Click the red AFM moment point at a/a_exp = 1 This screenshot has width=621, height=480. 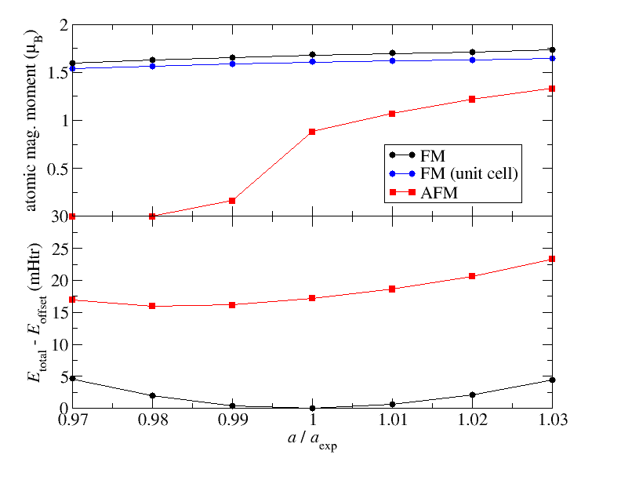tap(312, 132)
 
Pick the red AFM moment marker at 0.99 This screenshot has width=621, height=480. tap(232, 201)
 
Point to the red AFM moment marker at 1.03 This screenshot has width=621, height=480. tap(552, 89)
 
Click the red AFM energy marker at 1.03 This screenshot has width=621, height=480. tap(552, 259)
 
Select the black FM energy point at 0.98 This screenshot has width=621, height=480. tap(152, 396)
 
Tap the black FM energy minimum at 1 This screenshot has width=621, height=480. tap(312, 408)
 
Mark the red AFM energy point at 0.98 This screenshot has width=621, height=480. tap(152, 306)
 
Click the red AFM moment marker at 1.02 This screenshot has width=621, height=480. tap(472, 99)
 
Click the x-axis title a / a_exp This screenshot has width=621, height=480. tap(312, 442)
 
